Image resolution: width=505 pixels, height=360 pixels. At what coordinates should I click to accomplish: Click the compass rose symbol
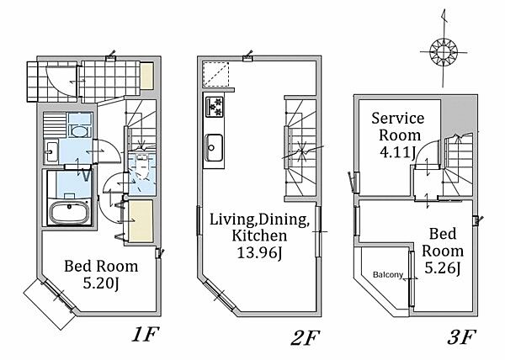444,51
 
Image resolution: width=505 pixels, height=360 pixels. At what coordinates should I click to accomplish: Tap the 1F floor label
145,336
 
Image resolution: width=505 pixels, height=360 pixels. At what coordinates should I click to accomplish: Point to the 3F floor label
461,336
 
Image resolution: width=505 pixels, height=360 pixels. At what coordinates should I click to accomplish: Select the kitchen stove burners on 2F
215,107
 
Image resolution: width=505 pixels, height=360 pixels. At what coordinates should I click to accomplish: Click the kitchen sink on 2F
214,147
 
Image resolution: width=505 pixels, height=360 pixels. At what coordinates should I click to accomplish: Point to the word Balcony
388,275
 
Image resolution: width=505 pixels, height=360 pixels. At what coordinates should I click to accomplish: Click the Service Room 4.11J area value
397,152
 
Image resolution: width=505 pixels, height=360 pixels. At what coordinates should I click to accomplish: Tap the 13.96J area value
259,252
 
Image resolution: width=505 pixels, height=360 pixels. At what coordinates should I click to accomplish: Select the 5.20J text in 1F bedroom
101,283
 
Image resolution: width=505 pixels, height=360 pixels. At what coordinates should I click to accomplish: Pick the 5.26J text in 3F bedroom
442,267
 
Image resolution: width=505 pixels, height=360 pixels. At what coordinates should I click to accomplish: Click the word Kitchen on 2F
259,236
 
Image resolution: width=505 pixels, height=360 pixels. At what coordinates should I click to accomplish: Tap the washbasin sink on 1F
50,151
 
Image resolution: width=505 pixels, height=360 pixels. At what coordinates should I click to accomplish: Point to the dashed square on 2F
215,74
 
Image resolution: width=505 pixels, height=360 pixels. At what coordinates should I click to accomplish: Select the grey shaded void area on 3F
456,115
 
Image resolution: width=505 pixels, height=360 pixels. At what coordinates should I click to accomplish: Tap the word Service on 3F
398,119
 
